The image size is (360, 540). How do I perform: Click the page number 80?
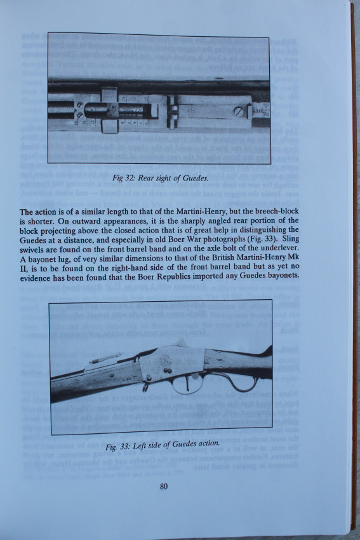point(163,486)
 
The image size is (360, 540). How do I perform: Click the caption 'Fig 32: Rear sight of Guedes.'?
point(160,178)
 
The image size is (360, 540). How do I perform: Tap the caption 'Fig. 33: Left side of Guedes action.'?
point(163,445)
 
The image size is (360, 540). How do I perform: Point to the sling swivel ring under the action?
point(145,386)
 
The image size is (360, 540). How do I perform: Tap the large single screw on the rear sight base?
point(239,111)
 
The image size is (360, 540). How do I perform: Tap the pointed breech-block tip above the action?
point(182,342)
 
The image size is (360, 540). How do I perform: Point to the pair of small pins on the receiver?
point(167,371)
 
